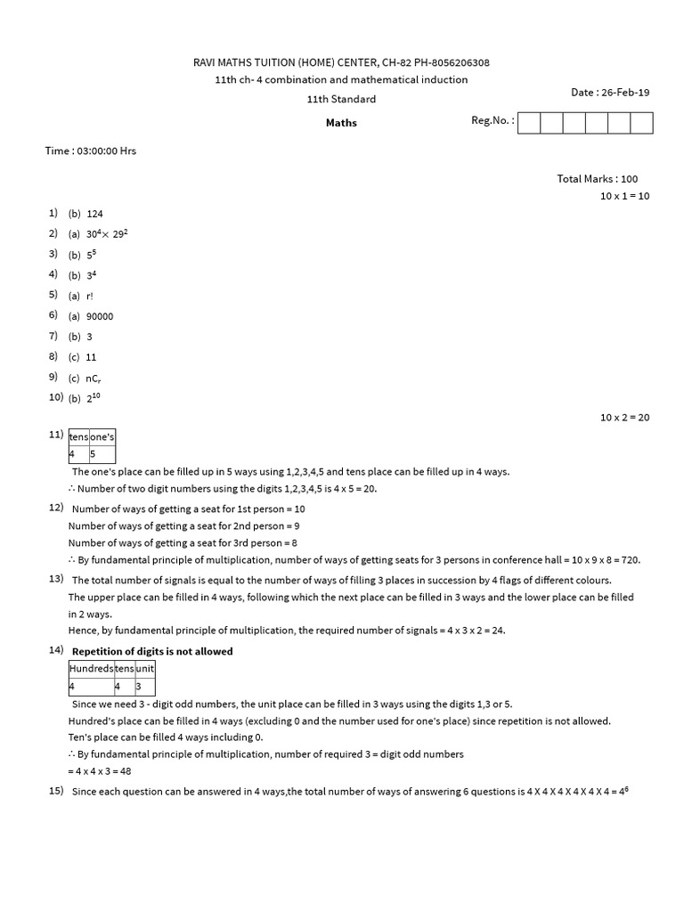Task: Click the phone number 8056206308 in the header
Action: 452,62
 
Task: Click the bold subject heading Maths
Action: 341,123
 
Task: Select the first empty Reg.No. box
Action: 528,123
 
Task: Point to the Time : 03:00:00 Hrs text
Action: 91,151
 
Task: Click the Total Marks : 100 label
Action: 598,179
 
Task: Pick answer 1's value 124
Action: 95,214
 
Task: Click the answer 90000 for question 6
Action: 100,316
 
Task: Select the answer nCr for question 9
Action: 94,378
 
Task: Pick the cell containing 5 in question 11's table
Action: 102,454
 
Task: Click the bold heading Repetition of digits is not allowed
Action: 152,651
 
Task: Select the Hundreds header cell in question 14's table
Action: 91,668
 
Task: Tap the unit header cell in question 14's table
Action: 143,668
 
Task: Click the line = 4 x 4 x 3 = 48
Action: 100,771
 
